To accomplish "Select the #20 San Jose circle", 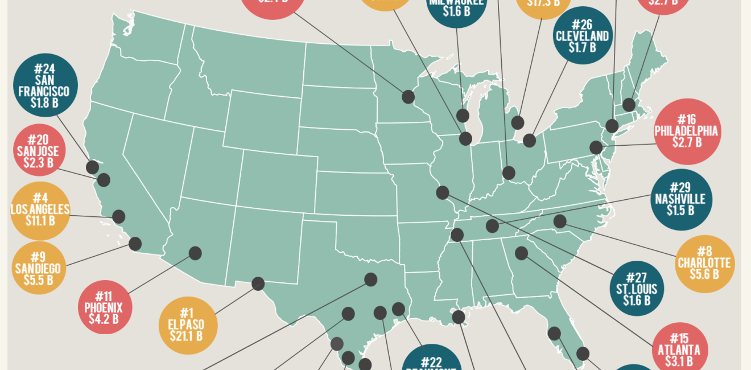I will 38,151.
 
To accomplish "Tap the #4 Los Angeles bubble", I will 40,211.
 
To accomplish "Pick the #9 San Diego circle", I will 39,268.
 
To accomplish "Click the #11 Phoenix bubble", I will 104,307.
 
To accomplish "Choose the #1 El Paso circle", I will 188,324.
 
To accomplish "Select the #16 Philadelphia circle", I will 686,131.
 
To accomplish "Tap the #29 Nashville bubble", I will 680,199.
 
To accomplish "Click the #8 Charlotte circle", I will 704,264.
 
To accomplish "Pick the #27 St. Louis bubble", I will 636,289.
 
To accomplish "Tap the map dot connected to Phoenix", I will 195,253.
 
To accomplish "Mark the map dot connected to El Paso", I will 258,283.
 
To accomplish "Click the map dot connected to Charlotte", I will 560,221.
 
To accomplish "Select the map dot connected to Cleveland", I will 530,140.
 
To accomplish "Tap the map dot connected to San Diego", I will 135,244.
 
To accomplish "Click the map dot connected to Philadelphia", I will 596,147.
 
